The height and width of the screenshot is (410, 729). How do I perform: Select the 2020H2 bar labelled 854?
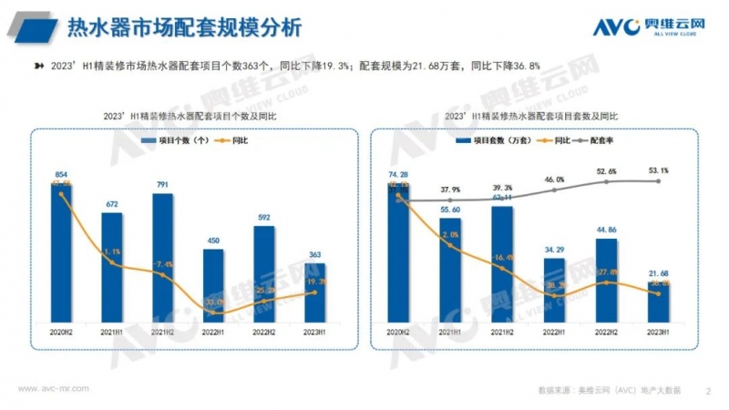pos(61,251)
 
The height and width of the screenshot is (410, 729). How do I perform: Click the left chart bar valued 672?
pos(112,266)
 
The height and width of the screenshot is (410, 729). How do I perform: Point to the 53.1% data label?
pos(658,170)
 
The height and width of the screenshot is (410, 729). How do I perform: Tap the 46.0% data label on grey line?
pos(553,180)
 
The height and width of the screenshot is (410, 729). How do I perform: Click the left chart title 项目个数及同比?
pos(190,117)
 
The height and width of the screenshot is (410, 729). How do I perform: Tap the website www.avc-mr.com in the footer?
pos(54,389)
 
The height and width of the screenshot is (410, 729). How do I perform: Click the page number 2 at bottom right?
pos(708,391)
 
